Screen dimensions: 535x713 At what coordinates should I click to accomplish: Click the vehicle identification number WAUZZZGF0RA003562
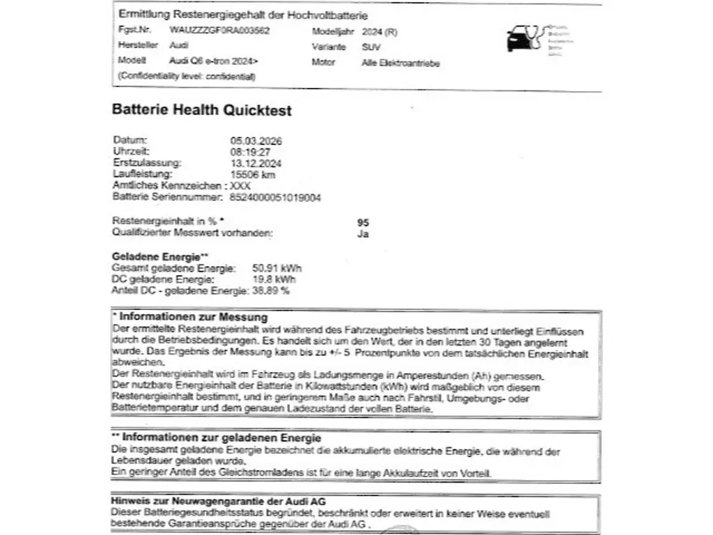click(x=219, y=31)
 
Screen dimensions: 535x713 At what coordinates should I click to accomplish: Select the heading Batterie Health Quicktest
click(x=202, y=110)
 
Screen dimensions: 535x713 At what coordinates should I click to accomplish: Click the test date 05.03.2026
click(x=256, y=141)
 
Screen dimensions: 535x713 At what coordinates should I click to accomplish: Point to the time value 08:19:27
click(x=251, y=151)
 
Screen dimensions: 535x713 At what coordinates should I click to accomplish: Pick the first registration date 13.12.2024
click(x=256, y=163)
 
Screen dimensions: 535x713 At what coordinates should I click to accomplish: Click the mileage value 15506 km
click(x=253, y=174)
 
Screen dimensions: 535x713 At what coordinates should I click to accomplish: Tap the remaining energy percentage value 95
click(x=363, y=223)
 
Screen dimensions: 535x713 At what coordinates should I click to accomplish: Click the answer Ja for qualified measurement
click(x=363, y=234)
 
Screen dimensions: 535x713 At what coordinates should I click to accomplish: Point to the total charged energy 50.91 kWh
click(x=277, y=268)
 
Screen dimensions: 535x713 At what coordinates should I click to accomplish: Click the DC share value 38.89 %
click(x=270, y=290)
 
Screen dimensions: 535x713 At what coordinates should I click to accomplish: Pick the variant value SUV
click(x=371, y=47)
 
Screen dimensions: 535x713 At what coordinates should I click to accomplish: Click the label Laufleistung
click(x=142, y=174)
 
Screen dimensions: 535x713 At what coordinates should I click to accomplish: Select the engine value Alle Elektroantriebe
click(x=400, y=63)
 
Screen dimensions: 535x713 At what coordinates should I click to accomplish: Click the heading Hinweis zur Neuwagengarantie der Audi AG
click(x=219, y=502)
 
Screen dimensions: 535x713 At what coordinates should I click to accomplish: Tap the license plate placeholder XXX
click(x=240, y=186)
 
